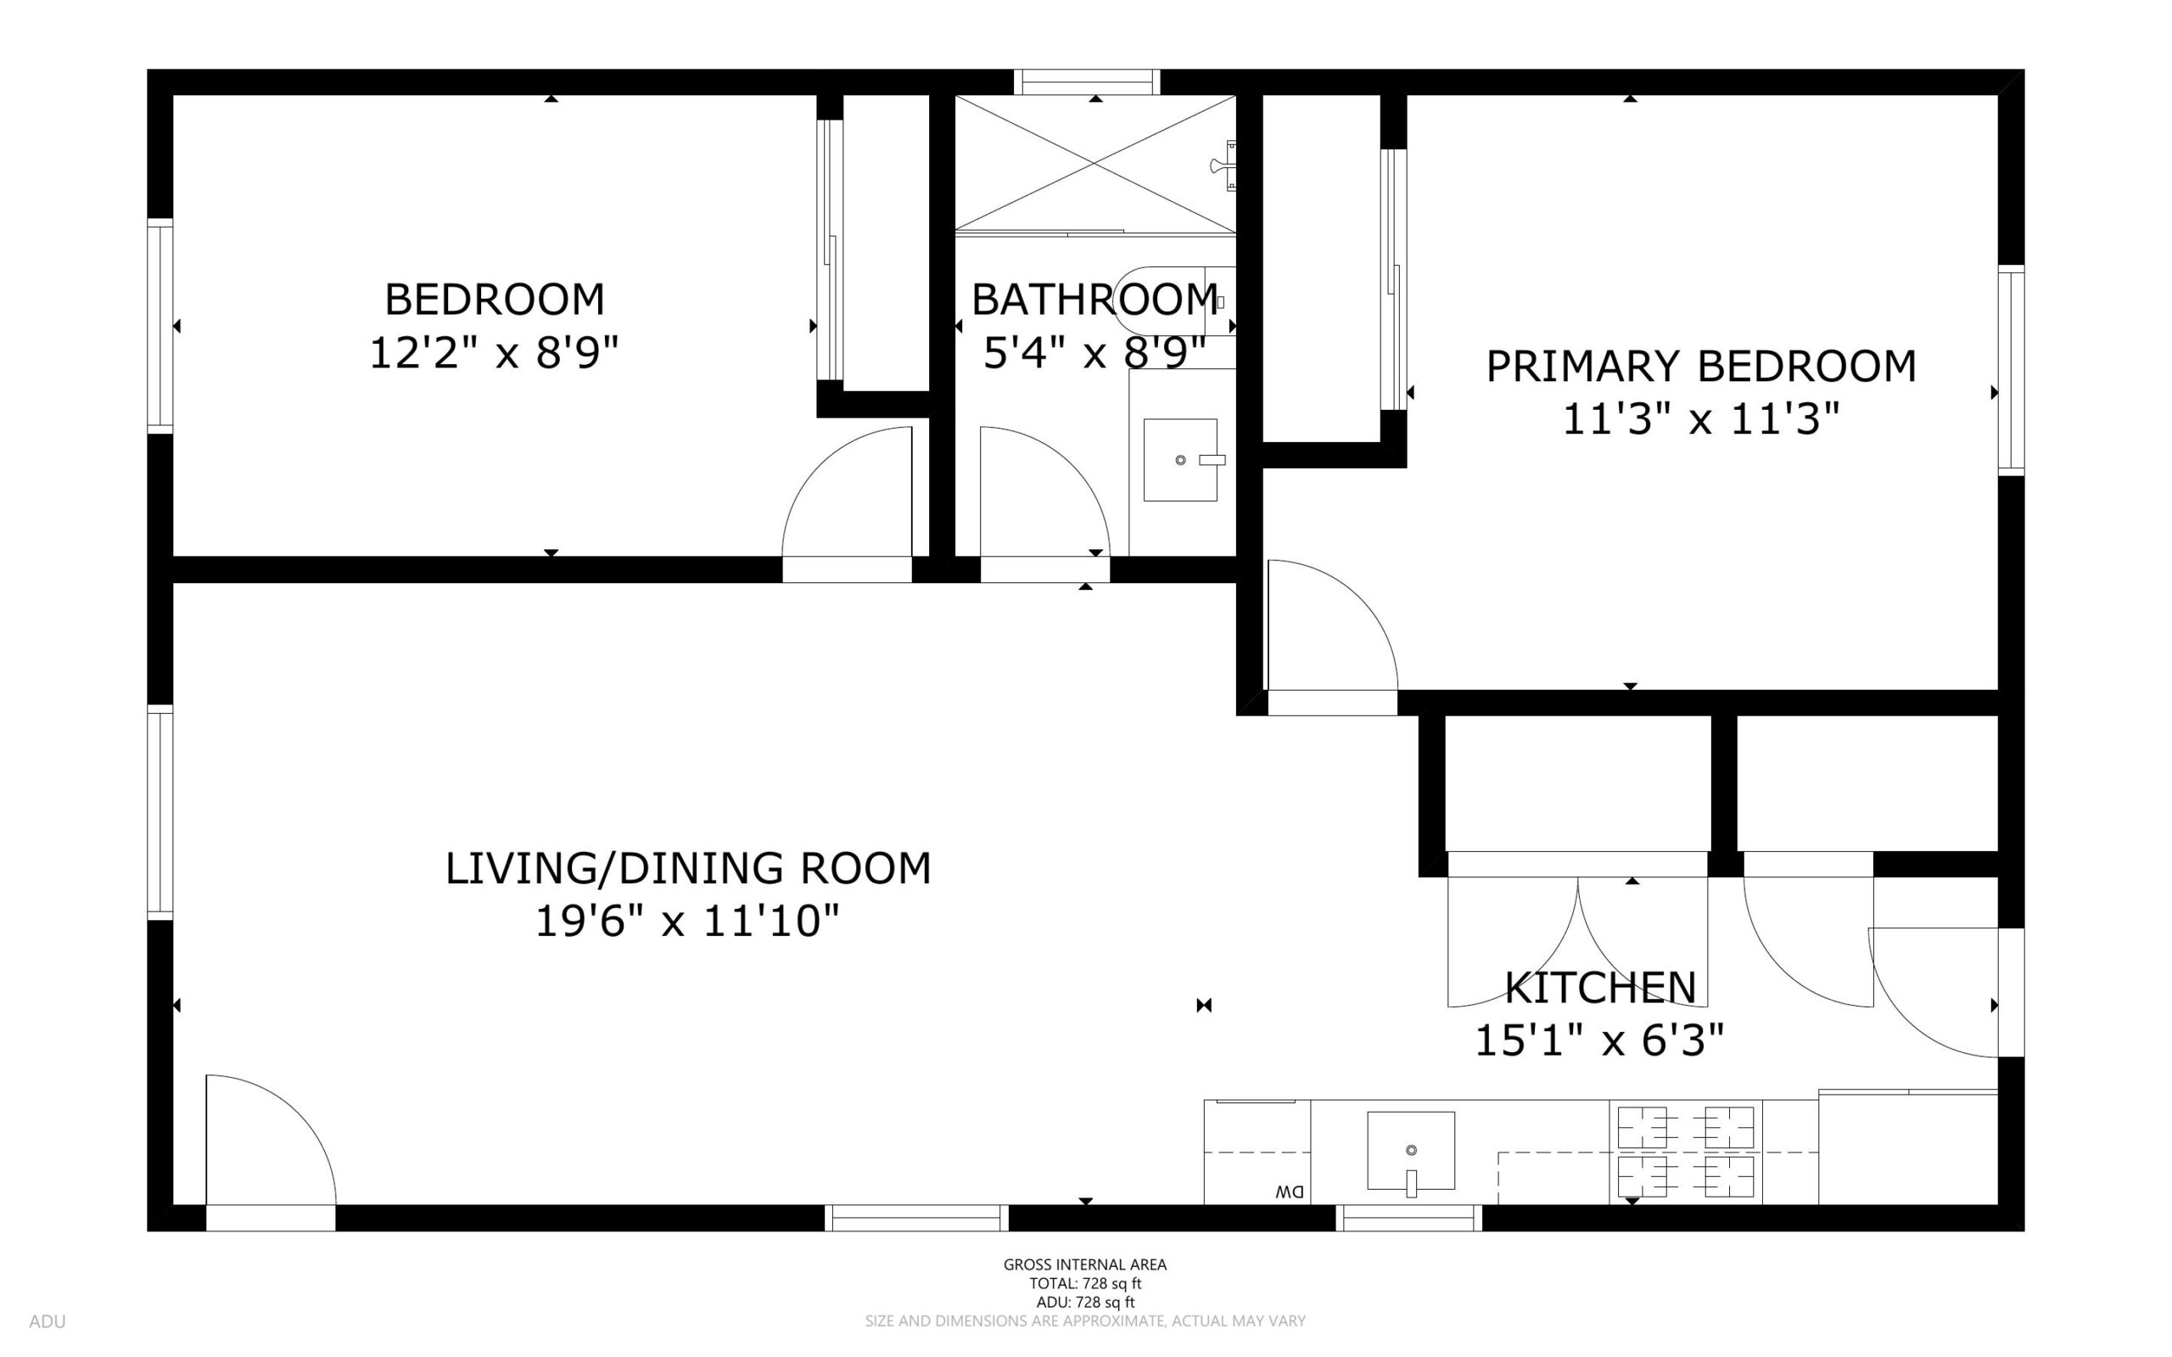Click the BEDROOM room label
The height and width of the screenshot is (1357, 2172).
pyautogui.click(x=495, y=300)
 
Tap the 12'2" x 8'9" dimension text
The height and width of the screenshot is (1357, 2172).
pyautogui.click(x=495, y=353)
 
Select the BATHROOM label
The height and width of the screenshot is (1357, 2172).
pyautogui.click(x=1094, y=300)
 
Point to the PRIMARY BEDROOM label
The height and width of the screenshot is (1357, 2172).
pyautogui.click(x=1701, y=366)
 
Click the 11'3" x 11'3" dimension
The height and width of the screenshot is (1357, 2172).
pyautogui.click(x=1701, y=419)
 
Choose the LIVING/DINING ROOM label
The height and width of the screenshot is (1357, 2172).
pyautogui.click(x=688, y=869)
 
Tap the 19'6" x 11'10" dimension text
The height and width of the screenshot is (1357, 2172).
pyautogui.click(x=688, y=922)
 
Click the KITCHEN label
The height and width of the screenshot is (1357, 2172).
pyautogui.click(x=1600, y=988)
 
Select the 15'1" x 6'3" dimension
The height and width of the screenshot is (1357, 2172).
pyautogui.click(x=1600, y=1041)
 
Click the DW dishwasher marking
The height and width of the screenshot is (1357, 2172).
pyautogui.click(x=1290, y=1192)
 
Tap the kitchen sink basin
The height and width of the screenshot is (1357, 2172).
pyautogui.click(x=1410, y=1151)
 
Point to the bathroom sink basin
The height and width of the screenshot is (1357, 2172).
pyautogui.click(x=1179, y=459)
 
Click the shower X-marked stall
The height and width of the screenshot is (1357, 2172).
pyautogui.click(x=1095, y=162)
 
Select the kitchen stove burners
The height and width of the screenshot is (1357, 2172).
pyautogui.click(x=1686, y=1152)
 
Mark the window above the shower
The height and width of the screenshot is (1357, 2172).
pyautogui.click(x=1087, y=81)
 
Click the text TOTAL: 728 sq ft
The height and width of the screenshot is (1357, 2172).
pyautogui.click(x=1084, y=1283)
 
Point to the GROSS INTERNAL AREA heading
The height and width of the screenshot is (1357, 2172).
pyautogui.click(x=1084, y=1264)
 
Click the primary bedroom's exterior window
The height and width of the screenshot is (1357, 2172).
pyautogui.click(x=2012, y=371)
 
